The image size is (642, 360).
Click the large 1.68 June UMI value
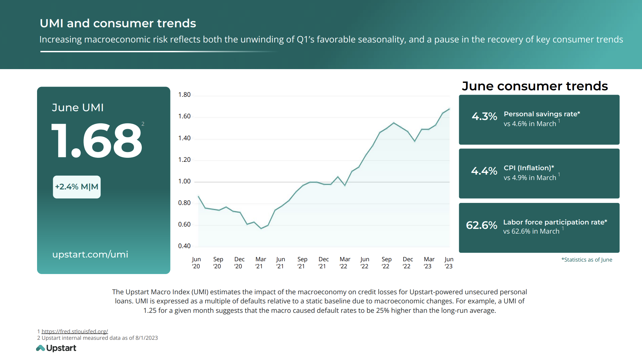tap(97, 141)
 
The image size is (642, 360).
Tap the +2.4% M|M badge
tap(77, 187)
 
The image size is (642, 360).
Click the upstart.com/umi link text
tap(90, 254)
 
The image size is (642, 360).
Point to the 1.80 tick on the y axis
tap(184, 95)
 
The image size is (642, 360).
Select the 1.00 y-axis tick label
tap(184, 181)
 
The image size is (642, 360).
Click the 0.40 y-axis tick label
tap(184, 246)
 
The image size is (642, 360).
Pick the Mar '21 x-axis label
tap(260, 263)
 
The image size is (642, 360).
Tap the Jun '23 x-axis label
tap(449, 263)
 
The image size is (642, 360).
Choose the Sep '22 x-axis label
tap(386, 263)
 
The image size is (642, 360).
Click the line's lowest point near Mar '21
tap(261, 229)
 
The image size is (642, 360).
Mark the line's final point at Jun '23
tap(449, 109)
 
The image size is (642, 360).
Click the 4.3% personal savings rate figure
tap(484, 117)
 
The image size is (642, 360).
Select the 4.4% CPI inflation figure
tap(484, 171)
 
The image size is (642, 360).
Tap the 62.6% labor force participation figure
tap(481, 225)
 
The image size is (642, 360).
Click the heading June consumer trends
tap(535, 86)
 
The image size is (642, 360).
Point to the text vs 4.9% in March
tap(530, 178)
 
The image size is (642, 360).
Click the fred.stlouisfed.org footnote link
tap(74, 331)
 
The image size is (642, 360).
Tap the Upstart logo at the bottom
tap(56, 348)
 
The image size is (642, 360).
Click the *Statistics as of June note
tap(587, 260)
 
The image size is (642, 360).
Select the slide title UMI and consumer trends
tap(118, 23)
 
